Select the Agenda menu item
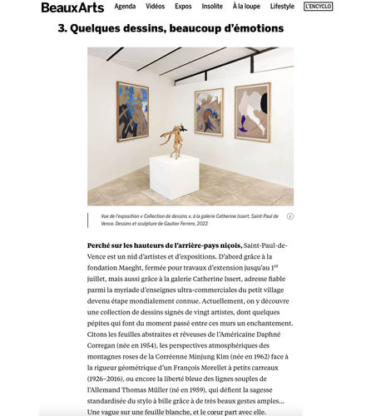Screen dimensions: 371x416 pos(126,7)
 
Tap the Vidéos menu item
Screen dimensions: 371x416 pos(155,7)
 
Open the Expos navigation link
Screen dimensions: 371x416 pos(183,7)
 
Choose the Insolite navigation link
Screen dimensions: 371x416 pos(212,7)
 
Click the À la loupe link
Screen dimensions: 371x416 pos(245,7)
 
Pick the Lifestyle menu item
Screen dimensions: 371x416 pos(282,7)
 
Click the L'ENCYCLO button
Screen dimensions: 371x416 pos(318,7)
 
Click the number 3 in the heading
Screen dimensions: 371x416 pos(62,28)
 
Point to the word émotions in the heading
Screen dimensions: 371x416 pos(253,28)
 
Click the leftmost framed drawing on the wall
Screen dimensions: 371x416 pos(133,111)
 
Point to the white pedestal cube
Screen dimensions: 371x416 pos(175,176)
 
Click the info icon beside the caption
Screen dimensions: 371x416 pos(289,216)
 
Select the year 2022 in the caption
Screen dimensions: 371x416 pos(198,224)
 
